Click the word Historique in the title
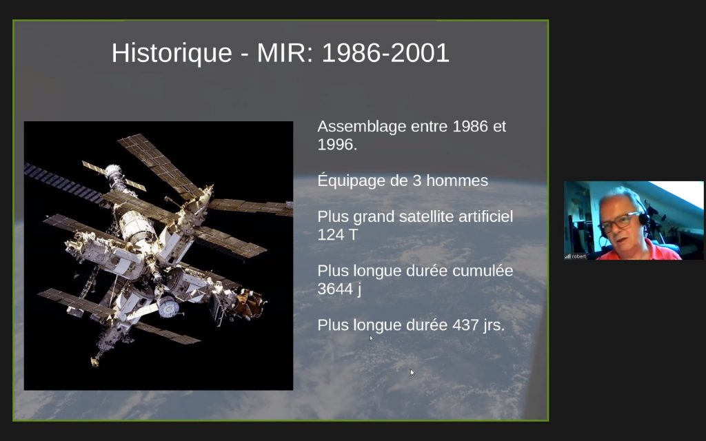(x=172, y=53)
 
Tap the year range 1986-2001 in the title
(x=385, y=52)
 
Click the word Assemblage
(x=362, y=127)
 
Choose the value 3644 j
(x=339, y=289)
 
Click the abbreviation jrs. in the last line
(x=494, y=325)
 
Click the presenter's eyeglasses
(x=619, y=221)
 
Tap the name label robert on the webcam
(x=579, y=256)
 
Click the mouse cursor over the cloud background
(x=412, y=373)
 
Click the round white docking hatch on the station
(x=168, y=306)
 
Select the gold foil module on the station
(x=249, y=303)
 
